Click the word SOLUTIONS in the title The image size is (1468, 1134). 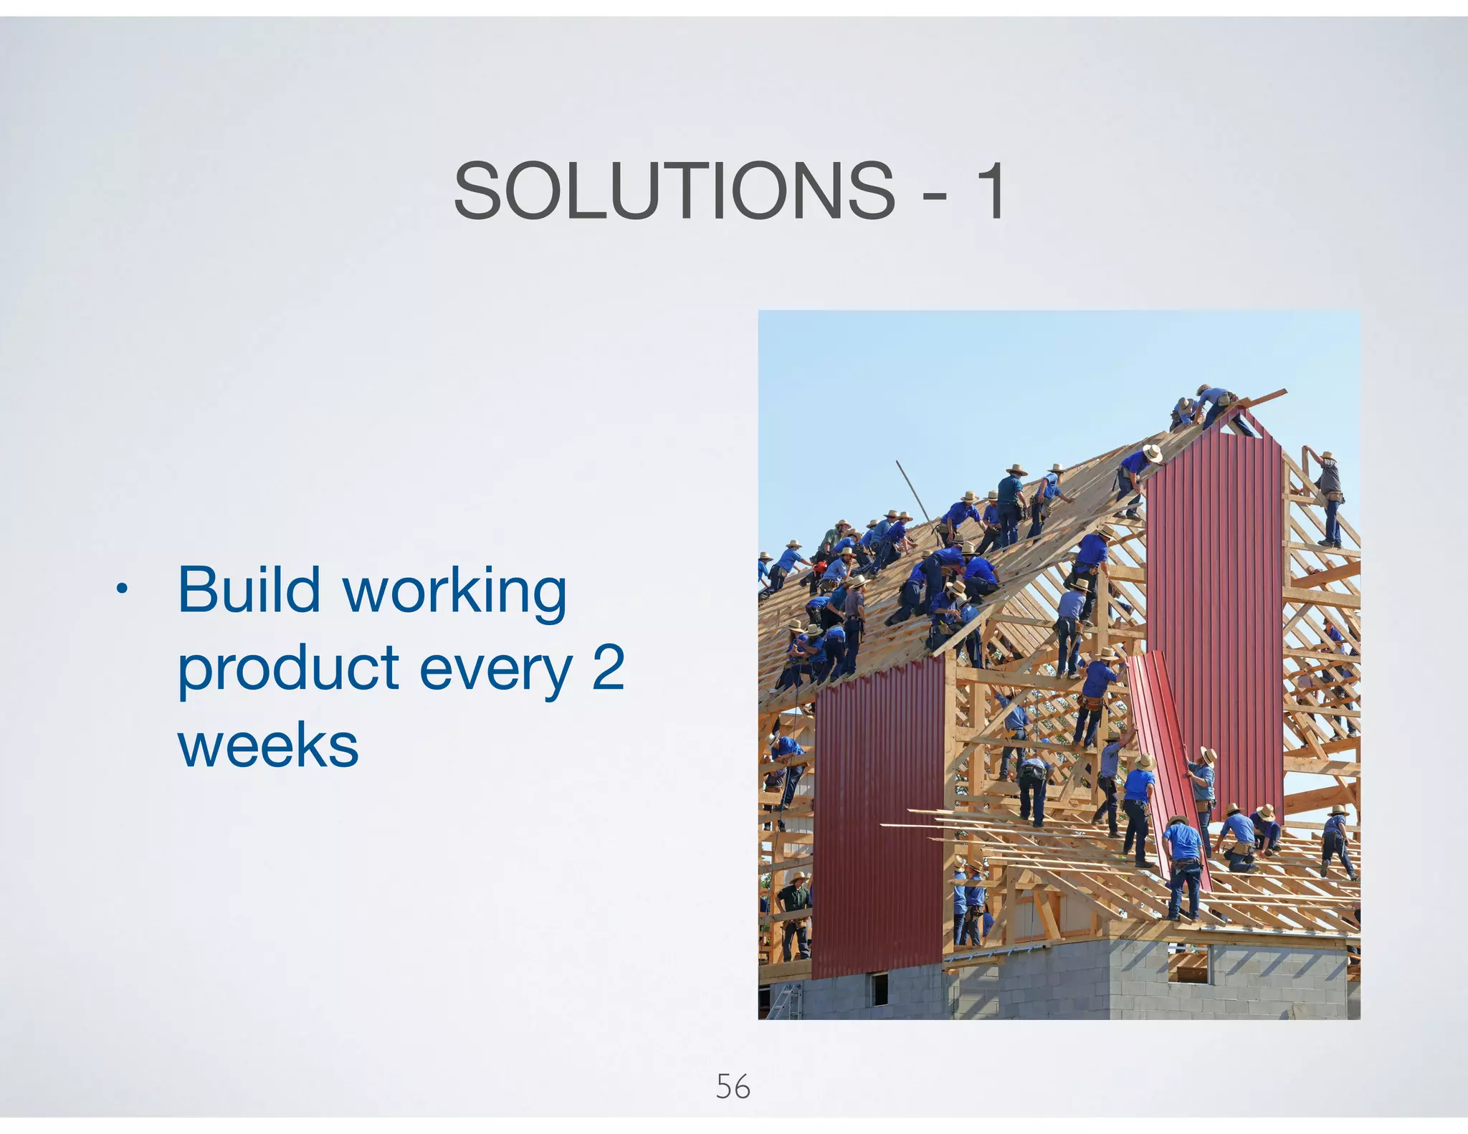[674, 191]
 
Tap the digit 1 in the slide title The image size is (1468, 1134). [991, 191]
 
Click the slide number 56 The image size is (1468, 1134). [733, 1087]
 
